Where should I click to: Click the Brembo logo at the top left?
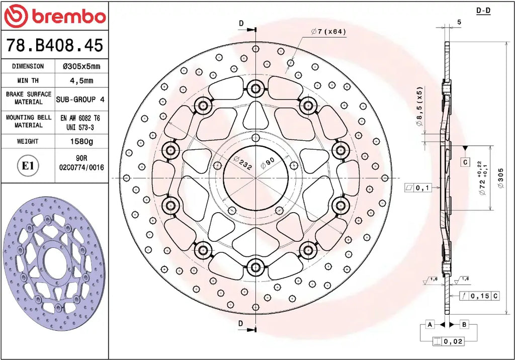55,16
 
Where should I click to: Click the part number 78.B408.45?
55,45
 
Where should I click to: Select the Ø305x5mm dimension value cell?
81,66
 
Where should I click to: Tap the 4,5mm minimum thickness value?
81,80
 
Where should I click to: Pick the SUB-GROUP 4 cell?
80,99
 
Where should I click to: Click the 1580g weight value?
81,142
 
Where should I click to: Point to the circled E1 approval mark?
28,165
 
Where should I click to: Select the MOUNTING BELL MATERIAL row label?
29,121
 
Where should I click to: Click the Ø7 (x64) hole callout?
328,32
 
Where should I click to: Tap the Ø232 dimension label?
243,163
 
